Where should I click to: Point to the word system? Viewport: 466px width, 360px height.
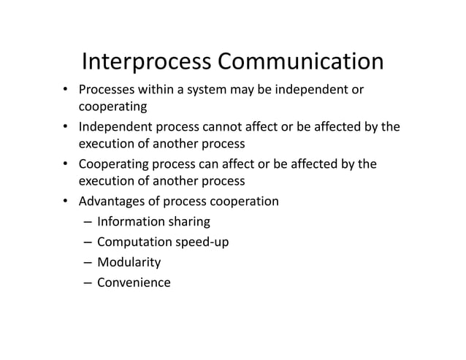click(x=209, y=91)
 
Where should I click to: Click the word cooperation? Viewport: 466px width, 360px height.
click(x=243, y=200)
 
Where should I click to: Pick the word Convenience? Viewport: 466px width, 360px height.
click(x=134, y=283)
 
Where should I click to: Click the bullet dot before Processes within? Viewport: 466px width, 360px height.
click(x=65, y=92)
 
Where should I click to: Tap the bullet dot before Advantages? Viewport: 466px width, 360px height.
click(x=65, y=201)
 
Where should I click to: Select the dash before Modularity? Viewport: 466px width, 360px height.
click(x=87, y=262)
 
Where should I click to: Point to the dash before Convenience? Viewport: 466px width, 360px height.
click(x=87, y=283)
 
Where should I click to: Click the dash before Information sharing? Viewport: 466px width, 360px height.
click(x=87, y=221)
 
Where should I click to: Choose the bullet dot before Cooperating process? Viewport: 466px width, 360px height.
click(x=65, y=164)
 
